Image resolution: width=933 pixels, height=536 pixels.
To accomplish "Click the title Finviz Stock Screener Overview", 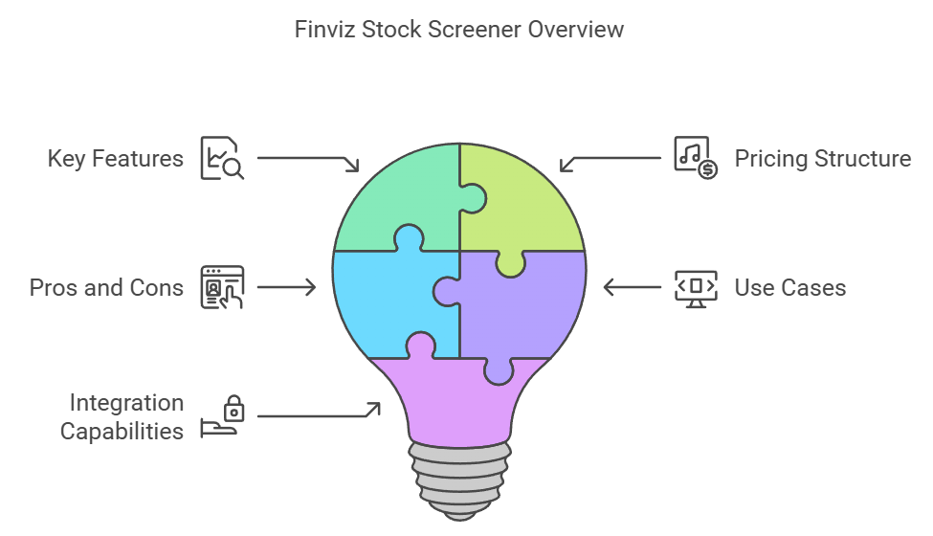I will (459, 29).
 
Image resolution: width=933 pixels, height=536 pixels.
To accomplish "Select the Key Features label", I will (116, 158).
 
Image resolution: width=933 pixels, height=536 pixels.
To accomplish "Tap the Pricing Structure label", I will (822, 158).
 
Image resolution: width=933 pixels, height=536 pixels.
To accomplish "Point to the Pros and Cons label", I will (106, 287).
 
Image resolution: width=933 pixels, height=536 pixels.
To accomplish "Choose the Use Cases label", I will (789, 287).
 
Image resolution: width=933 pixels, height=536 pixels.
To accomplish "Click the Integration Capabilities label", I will (122, 417).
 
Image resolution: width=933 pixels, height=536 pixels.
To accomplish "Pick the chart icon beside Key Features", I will (222, 158).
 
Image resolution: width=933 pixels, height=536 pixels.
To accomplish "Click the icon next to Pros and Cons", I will (222, 287).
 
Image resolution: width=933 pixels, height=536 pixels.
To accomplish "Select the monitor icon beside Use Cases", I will (696, 287).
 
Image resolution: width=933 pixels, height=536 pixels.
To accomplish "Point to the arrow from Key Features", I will (306, 159).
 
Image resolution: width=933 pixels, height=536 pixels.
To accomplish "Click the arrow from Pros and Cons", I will (287, 286).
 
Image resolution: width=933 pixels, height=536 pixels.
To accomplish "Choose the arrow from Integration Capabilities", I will (316, 413).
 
